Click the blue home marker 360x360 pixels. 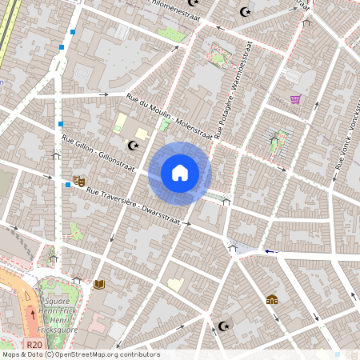[x=180, y=172]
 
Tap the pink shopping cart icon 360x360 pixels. [x=295, y=99]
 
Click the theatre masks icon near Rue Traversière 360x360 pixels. [x=78, y=182]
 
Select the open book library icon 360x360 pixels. [x=99, y=284]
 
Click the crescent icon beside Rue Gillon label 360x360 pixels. [x=133, y=145]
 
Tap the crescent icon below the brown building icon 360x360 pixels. [x=223, y=326]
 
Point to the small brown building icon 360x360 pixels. [x=271, y=300]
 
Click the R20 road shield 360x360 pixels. [x=34, y=345]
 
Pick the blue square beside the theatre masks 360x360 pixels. [x=67, y=185]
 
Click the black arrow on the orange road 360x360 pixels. [x=33, y=312]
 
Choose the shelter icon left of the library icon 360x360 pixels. [x=77, y=280]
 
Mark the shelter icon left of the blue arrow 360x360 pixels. [x=233, y=249]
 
